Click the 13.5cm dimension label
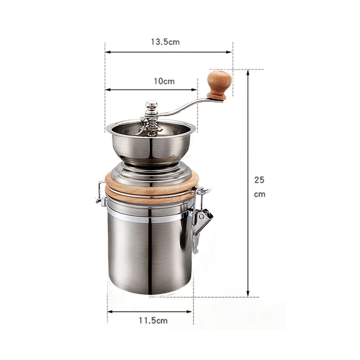pyautogui.click(x=165, y=42)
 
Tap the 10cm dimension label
pyautogui.click(x=164, y=81)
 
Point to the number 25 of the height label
pyautogui.click(x=259, y=180)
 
